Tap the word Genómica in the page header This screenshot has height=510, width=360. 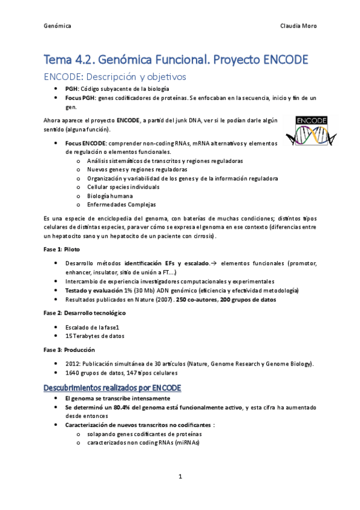pyautogui.click(x=58, y=26)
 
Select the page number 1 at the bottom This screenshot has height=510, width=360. pyautogui.click(x=180, y=477)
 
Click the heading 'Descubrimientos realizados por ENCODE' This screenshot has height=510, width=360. pyautogui.click(x=112, y=388)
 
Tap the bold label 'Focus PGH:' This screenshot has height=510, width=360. pyautogui.click(x=81, y=97)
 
